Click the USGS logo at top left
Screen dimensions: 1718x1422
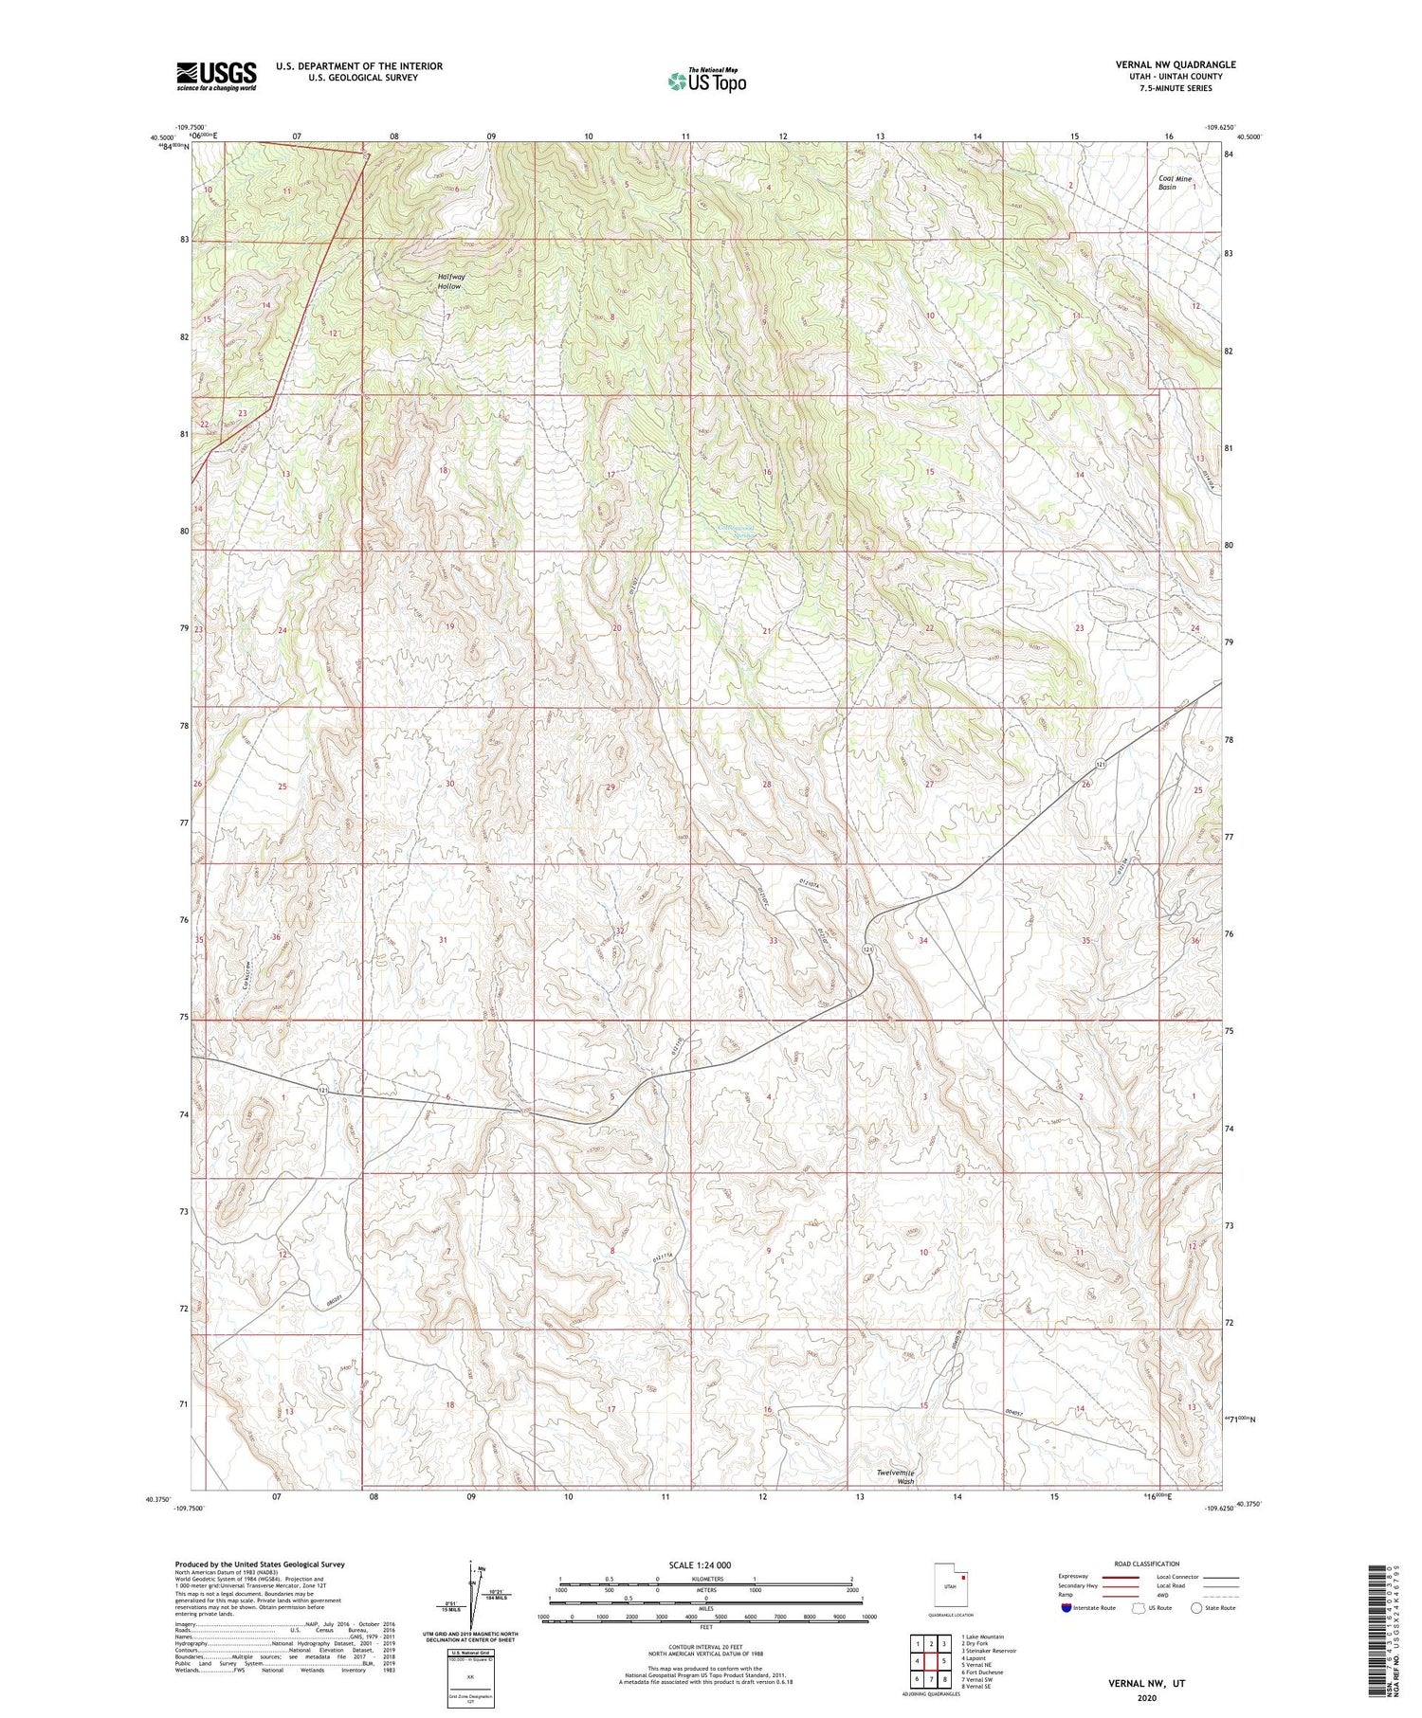[x=216, y=76]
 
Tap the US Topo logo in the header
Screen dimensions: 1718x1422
[x=706, y=81]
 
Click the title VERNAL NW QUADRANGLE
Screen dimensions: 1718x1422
[x=1176, y=64]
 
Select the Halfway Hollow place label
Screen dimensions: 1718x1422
[x=450, y=280]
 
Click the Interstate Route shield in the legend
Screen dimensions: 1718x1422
[x=1066, y=1608]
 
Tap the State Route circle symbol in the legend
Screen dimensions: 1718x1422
[x=1196, y=1608]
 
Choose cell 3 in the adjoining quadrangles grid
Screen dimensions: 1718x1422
[x=944, y=1643]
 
